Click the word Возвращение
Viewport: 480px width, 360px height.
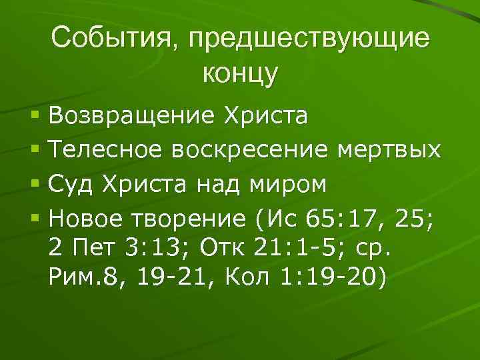(x=133, y=117)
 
